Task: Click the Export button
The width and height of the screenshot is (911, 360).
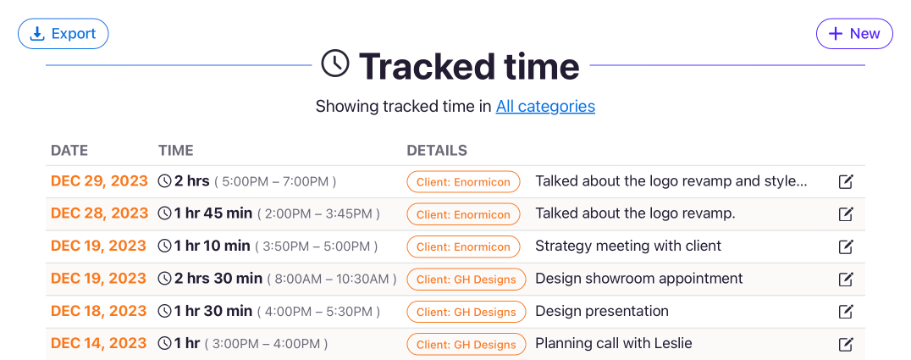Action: tap(63, 34)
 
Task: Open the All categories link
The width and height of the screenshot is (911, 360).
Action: tap(545, 107)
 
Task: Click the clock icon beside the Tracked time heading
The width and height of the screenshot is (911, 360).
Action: tap(335, 64)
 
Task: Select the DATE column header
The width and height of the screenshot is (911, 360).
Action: tap(69, 151)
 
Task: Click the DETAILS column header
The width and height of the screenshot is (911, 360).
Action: tap(437, 151)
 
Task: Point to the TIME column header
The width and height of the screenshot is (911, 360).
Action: tap(176, 151)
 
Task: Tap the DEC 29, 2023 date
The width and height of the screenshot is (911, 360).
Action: tap(99, 181)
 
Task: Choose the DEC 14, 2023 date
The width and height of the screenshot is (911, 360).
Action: tap(99, 344)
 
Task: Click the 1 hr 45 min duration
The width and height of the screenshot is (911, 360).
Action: tap(213, 213)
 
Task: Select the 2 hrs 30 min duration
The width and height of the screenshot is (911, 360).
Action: tap(218, 279)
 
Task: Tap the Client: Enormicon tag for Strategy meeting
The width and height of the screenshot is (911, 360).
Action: tap(463, 246)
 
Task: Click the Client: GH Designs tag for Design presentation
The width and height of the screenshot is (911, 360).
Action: tap(467, 312)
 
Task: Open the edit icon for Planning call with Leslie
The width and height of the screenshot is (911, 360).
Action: tap(846, 344)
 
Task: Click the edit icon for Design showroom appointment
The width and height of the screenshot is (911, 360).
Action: tap(846, 280)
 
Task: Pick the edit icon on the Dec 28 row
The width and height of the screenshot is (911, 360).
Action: tap(846, 214)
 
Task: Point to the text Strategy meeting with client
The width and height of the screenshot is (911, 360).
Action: tap(628, 246)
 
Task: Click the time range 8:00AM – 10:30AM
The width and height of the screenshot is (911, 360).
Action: tap(332, 280)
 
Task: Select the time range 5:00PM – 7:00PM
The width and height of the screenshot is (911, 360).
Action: tap(275, 181)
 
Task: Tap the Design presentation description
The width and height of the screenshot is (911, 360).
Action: tap(602, 311)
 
